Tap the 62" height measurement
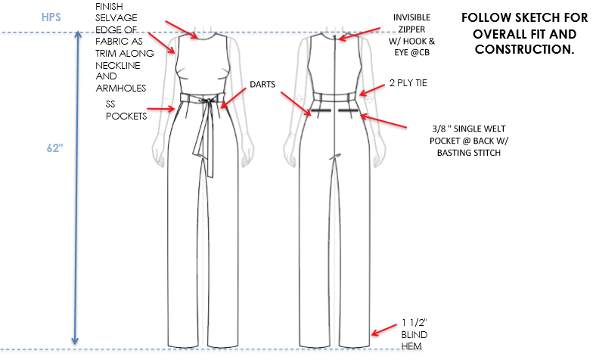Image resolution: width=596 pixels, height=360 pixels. [x=53, y=149]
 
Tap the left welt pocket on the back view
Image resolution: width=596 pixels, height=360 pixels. [x=317, y=110]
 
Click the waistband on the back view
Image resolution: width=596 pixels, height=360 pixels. [x=333, y=95]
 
